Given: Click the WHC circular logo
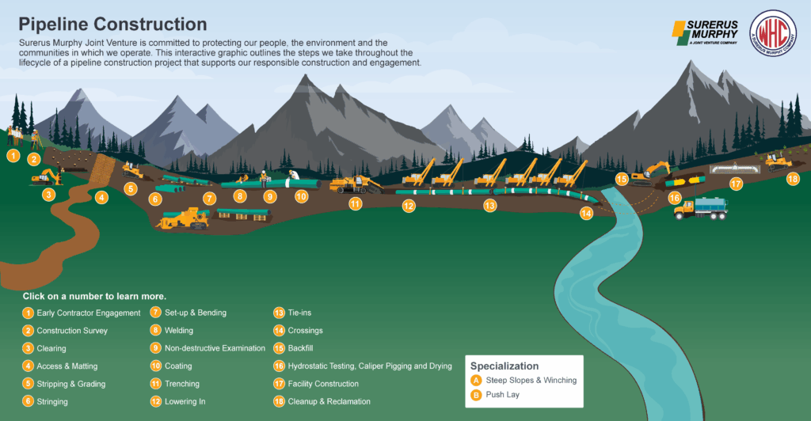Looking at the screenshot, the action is pos(773,33).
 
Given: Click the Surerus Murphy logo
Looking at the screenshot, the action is pos(705,32).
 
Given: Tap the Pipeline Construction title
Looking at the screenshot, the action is pos(112,25).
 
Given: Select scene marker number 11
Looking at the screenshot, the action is pos(355,204).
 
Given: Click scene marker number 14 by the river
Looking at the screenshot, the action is pos(586,213).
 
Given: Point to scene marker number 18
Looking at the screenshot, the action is pos(792,179).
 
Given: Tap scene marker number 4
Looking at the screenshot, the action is pos(101,197).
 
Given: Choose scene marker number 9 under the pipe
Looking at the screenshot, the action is pos(269,196).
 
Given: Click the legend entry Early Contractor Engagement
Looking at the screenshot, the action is pos(82,313).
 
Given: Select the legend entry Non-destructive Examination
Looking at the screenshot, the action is pos(208,348).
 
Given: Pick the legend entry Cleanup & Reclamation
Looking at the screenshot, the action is pos(322,401).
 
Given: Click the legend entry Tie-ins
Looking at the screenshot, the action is pos(293,313).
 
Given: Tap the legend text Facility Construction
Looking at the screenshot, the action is pos(323,384).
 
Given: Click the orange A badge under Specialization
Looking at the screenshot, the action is pos(476,381).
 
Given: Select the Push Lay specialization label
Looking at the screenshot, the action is pos(503,395).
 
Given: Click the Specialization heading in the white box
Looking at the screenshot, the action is pos(504,366).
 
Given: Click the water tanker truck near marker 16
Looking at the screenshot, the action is pos(701,208).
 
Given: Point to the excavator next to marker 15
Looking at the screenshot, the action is pos(651,173).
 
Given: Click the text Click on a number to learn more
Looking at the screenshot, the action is pos(94,297).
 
